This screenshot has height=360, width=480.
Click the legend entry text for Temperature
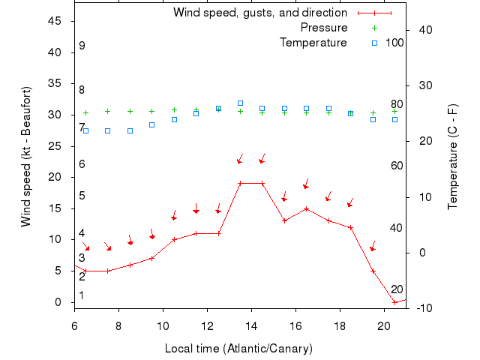313,43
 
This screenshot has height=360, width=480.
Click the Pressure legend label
324,28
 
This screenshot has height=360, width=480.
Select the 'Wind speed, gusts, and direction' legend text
259,13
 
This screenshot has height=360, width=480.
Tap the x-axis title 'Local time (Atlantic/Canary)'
238,349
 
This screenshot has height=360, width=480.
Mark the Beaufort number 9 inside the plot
82,46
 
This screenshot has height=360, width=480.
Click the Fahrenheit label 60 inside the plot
397,166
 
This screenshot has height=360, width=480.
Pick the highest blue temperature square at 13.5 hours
240,103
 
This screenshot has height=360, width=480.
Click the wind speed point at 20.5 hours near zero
394,302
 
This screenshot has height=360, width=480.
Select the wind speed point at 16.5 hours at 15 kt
306,208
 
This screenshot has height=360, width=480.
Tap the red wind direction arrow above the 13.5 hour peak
240,158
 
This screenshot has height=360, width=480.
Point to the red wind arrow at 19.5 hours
373,247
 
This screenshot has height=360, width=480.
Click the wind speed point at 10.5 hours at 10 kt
174,239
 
